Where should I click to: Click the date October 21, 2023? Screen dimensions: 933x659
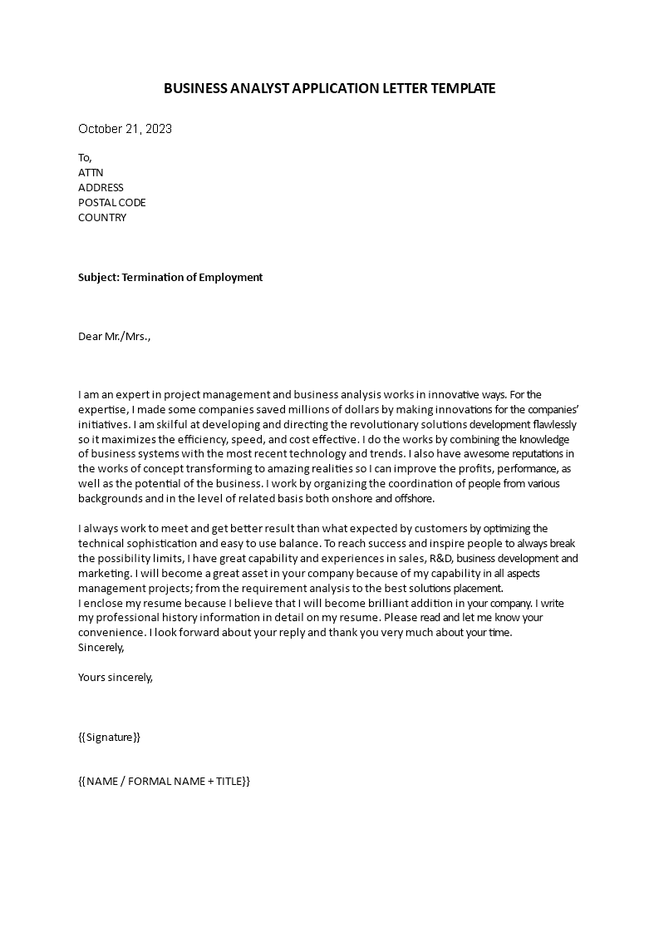point(125,129)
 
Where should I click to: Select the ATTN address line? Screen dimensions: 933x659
point(91,173)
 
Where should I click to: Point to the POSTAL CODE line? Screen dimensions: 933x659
point(111,203)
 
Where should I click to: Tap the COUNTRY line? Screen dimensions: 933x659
point(102,218)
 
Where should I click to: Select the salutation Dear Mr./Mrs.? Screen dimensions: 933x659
point(115,337)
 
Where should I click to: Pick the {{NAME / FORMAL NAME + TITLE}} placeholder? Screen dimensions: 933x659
point(164,782)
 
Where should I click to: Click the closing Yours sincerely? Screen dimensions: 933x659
point(115,677)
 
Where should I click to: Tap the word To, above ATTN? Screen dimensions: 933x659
point(86,158)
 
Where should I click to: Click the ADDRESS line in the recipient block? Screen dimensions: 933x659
point(101,188)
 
